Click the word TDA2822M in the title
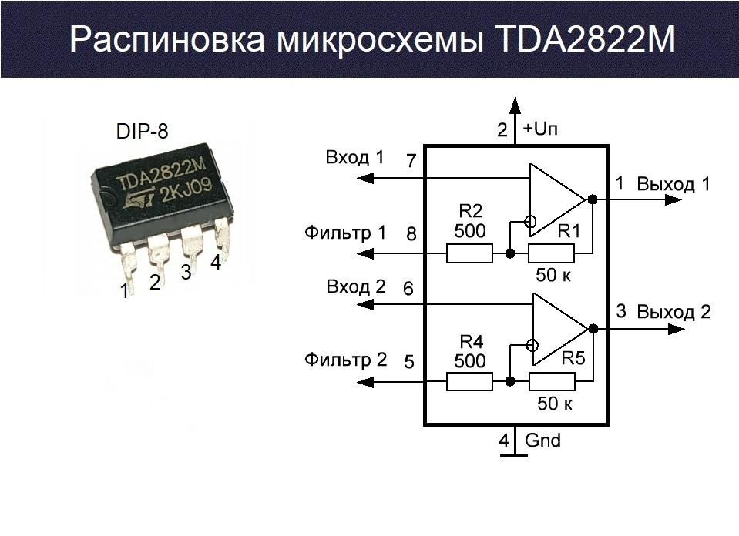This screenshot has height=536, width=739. pyautogui.click(x=582, y=40)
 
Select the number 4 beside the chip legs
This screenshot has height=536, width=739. pyautogui.click(x=216, y=263)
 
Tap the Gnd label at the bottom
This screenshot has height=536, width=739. pyautogui.click(x=542, y=441)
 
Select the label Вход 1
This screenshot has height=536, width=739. pyautogui.click(x=355, y=158)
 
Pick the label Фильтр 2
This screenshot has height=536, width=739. pyautogui.click(x=346, y=359)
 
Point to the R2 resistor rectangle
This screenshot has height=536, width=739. pyautogui.click(x=469, y=253)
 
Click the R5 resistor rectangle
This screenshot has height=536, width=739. pyautogui.click(x=552, y=381)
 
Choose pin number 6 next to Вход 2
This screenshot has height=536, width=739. pyautogui.click(x=408, y=290)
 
